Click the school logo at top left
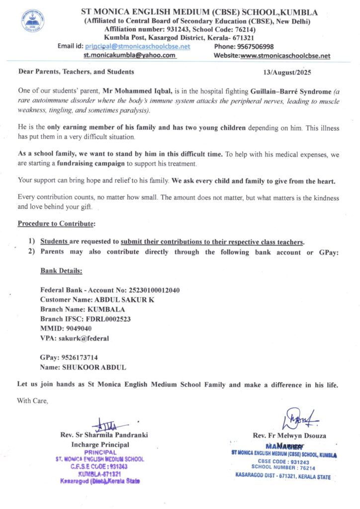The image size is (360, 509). (x=32, y=21)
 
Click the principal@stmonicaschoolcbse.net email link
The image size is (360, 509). (x=138, y=46)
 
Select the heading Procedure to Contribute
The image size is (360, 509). (x=56, y=224)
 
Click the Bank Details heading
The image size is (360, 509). (x=61, y=271)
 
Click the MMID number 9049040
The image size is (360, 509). (x=75, y=329)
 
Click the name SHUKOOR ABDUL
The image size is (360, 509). (x=94, y=367)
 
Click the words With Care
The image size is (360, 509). (x=33, y=400)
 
